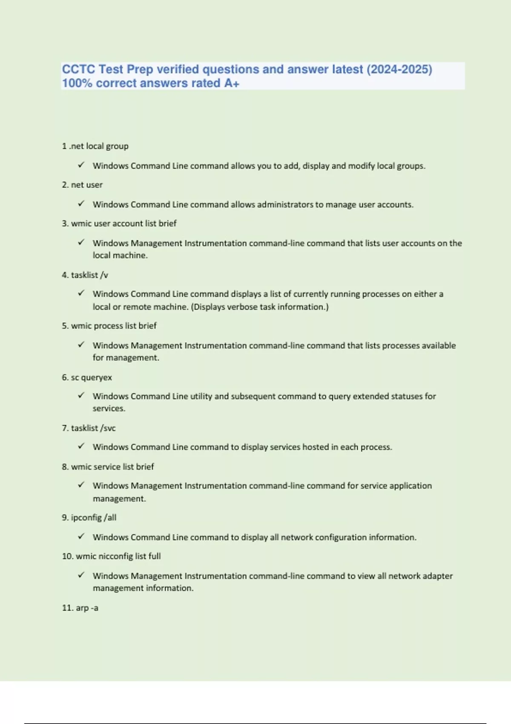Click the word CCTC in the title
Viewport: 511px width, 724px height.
point(78,69)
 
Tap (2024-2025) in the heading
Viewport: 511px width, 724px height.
point(399,69)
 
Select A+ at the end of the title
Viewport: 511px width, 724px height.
point(232,83)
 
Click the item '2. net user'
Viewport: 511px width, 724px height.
point(82,185)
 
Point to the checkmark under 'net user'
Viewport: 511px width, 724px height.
point(81,204)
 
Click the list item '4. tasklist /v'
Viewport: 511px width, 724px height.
point(85,275)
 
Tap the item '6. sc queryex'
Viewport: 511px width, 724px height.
point(87,377)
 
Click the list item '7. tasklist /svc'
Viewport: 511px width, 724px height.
point(89,428)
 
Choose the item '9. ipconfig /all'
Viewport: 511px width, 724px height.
point(89,517)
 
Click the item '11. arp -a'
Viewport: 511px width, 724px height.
point(80,608)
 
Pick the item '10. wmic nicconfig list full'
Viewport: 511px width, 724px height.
point(111,556)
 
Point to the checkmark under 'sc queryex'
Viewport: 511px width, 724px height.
point(81,395)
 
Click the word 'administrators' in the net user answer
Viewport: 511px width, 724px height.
point(285,204)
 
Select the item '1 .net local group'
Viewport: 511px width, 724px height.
point(95,146)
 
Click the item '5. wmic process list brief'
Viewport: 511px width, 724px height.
point(109,326)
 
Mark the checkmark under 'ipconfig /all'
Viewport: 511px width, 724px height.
point(81,536)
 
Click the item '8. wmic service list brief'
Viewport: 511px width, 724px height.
point(108,467)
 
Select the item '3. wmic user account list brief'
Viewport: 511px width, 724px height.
point(119,224)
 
